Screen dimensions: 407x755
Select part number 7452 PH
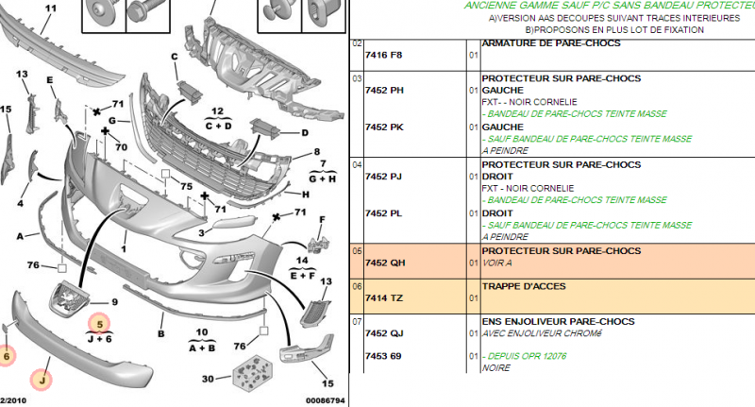tap(384, 90)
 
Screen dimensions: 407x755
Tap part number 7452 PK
tap(384, 126)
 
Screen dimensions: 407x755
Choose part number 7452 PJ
tap(384, 176)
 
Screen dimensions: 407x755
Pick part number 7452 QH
tap(384, 263)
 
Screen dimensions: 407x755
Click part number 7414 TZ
tap(384, 298)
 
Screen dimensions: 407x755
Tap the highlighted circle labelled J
tap(41, 380)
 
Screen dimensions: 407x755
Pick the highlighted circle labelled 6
tap(8, 356)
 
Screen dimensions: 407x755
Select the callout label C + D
tap(218, 125)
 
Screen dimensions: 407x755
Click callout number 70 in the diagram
tap(121, 147)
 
